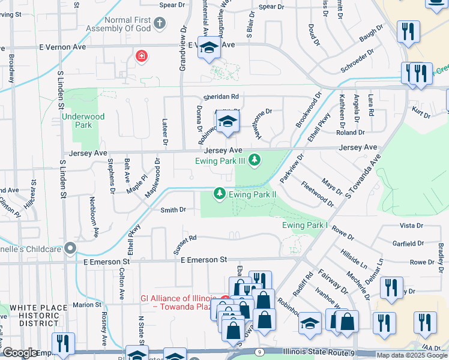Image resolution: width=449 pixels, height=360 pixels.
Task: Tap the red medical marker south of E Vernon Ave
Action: click(x=142, y=57)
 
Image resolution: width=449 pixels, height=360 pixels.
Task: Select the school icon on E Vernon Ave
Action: click(x=209, y=48)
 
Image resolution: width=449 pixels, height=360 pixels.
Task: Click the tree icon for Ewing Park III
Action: click(x=255, y=160)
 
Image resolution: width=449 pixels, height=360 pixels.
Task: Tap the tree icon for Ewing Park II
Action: click(x=220, y=194)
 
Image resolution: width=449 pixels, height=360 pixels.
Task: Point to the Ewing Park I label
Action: click(x=305, y=225)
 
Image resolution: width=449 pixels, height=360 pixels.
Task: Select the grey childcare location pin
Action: click(x=71, y=248)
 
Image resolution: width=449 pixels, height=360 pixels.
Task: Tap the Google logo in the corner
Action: click(x=20, y=353)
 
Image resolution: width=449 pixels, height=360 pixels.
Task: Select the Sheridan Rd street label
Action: click(x=221, y=96)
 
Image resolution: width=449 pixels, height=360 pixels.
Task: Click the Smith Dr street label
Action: click(x=173, y=210)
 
